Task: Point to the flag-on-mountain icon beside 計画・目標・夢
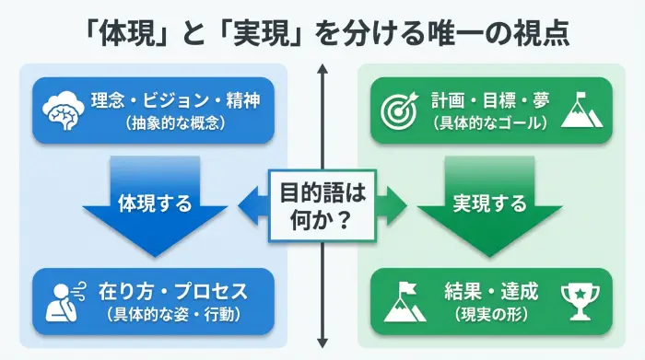click(x=583, y=109)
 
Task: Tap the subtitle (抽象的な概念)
click(x=170, y=122)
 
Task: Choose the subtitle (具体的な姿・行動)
click(x=172, y=313)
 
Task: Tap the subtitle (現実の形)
click(x=490, y=313)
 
